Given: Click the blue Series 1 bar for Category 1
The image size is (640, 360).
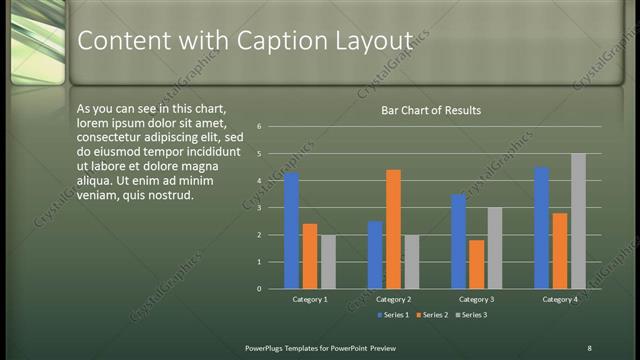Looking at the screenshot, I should [291, 231].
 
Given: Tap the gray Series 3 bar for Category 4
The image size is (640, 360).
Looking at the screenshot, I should [578, 221].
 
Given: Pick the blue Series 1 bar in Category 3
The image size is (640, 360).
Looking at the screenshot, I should [458, 241].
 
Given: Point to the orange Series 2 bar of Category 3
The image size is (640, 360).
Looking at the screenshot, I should [476, 264].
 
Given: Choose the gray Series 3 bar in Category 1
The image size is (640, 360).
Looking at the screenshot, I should [328, 262].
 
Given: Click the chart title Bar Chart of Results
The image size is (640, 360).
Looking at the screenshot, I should [431, 110].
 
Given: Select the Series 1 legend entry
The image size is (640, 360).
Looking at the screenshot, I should [393, 315].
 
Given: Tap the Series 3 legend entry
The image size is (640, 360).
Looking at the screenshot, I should [471, 315].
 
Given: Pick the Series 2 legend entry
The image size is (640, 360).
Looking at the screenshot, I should [432, 315].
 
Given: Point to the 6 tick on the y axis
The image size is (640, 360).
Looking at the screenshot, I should [259, 127].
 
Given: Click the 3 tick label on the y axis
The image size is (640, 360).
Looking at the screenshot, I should [259, 208].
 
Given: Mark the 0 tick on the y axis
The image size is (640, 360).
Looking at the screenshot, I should [259, 289].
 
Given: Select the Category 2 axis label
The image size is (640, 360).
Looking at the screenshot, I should [393, 299].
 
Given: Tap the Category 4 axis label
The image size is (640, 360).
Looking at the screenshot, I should [560, 299].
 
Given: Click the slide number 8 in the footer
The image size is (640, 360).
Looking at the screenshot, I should [589, 347].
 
